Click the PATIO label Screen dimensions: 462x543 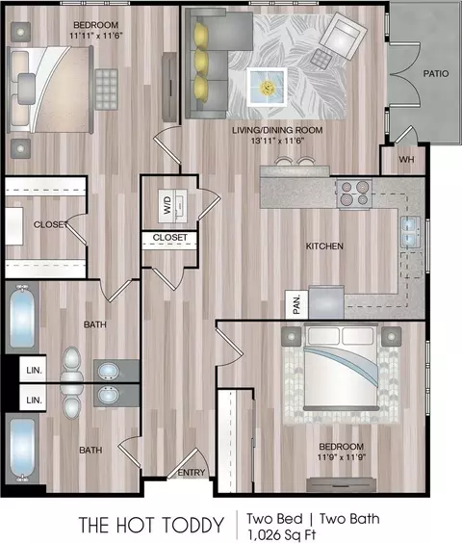(436, 73)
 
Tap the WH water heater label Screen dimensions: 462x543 (406, 160)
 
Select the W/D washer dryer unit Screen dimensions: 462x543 (173, 206)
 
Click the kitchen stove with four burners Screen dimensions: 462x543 (354, 194)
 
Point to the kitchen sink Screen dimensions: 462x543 (411, 232)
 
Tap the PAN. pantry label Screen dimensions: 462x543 (297, 304)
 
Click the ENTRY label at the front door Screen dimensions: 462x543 (192, 473)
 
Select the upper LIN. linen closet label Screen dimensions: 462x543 (34, 371)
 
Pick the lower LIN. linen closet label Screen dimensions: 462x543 (34, 401)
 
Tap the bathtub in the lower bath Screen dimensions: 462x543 (22, 450)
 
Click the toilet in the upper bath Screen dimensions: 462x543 (71, 365)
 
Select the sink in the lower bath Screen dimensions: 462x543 (109, 395)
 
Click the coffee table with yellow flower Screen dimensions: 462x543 (267, 87)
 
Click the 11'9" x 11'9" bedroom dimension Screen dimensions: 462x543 (342, 457)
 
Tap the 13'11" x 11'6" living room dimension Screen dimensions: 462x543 (277, 141)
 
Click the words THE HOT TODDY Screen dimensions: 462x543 (151, 525)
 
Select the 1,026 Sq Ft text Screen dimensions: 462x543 (281, 535)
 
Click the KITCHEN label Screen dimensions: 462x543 (324, 246)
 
